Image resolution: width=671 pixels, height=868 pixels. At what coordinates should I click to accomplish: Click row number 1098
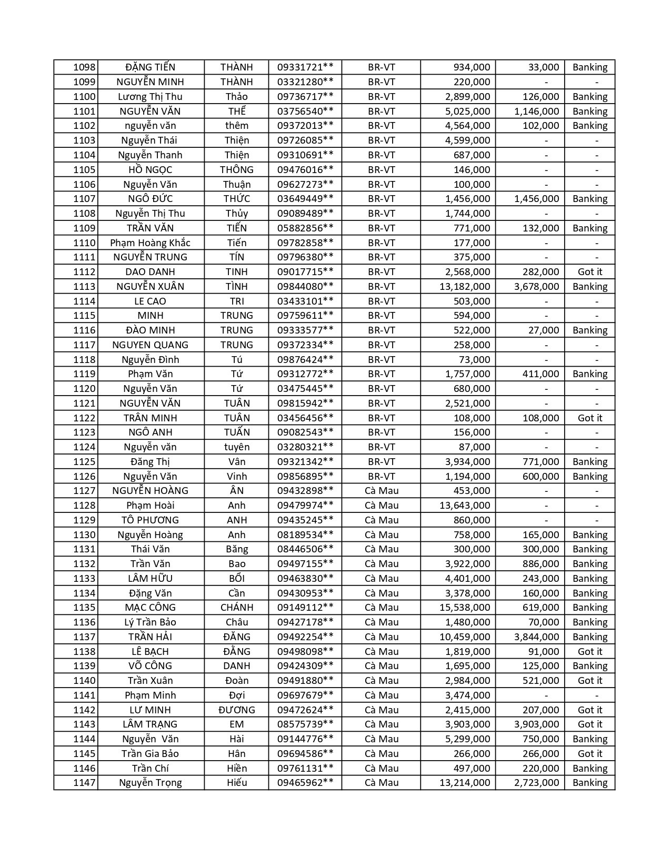coord(84,67)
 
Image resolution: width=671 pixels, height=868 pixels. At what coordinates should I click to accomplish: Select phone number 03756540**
coord(305,111)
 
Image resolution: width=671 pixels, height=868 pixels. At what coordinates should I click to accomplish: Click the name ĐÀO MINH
coord(151,330)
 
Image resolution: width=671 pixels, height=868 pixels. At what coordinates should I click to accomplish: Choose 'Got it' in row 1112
coord(589,272)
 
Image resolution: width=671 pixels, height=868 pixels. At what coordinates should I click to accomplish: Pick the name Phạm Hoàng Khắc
coord(151,243)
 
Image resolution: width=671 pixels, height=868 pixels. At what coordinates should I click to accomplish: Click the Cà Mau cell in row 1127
coord(382,491)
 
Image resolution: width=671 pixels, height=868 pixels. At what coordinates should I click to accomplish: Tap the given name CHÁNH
coord(237,608)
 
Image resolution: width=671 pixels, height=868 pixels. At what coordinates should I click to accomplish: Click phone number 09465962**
coord(305,783)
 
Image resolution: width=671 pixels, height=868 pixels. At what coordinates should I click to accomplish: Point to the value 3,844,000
coord(537,637)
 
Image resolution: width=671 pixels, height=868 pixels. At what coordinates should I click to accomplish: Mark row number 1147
coord(84,783)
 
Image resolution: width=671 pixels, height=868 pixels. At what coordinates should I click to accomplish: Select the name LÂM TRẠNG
coord(151,724)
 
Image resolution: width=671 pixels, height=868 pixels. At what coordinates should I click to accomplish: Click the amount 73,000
coord(474,360)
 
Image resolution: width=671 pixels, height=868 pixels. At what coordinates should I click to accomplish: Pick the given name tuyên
coord(237,447)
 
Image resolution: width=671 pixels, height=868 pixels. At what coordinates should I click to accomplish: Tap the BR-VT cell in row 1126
coord(382,477)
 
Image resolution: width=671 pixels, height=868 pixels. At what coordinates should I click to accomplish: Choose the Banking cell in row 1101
coord(589,111)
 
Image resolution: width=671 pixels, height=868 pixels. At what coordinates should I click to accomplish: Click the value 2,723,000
coord(537,783)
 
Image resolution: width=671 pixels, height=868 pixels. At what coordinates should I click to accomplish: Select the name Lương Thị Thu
coord(151,97)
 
